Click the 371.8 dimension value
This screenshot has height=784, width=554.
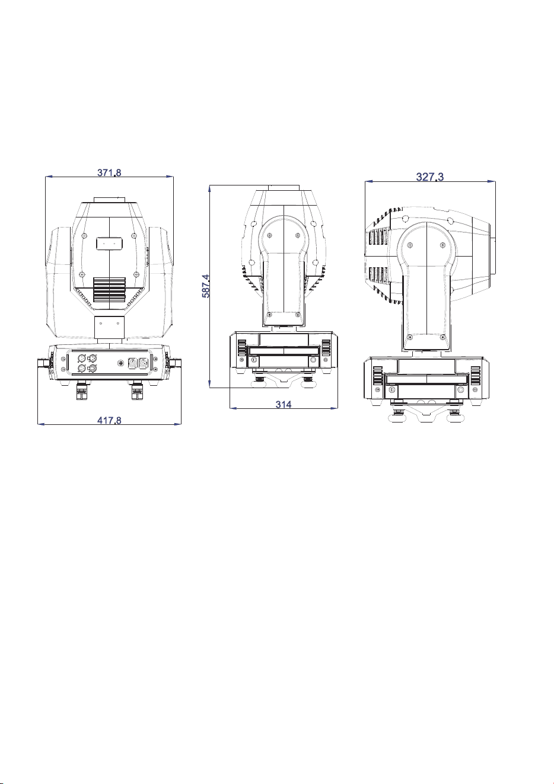pos(109,172)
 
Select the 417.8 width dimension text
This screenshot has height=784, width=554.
pos(109,420)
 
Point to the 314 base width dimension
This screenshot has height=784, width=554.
pos(283,405)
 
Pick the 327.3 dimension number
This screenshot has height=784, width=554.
pos(429,177)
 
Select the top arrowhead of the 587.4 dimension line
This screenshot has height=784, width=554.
pos(209,189)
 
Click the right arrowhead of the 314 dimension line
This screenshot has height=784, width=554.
pos(335,408)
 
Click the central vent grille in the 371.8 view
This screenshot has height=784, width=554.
pos(109,290)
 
